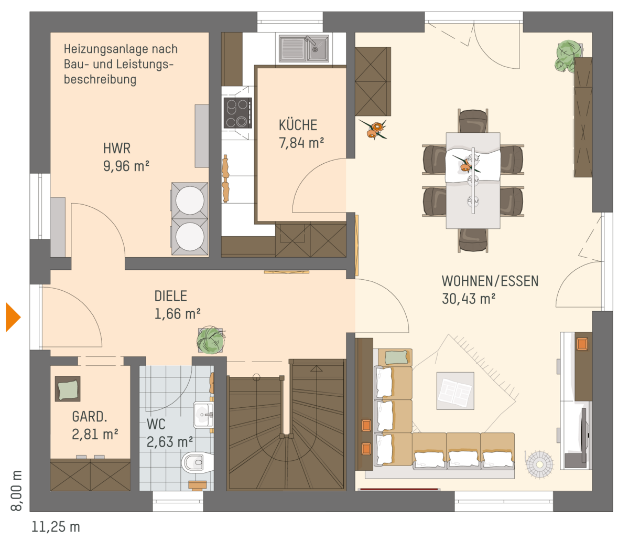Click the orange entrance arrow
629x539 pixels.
click(x=13, y=317)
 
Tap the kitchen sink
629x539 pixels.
click(x=304, y=49)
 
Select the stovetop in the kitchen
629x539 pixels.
click(x=237, y=113)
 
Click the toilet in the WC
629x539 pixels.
click(x=197, y=462)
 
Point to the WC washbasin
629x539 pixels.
click(x=203, y=415)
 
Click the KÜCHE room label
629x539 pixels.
click(x=298, y=125)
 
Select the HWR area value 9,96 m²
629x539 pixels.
click(x=126, y=166)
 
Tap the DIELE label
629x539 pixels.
click(x=171, y=296)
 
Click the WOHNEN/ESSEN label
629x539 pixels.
click(x=490, y=281)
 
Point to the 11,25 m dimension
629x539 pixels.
click(x=56, y=527)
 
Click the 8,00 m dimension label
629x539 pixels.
click(x=16, y=490)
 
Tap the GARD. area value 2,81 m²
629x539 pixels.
click(x=95, y=435)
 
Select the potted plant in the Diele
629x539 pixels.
click(x=211, y=340)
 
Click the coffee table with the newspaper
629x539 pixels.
click(x=456, y=390)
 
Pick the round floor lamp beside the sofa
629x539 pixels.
click(x=539, y=464)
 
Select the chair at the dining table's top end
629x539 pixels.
click(x=473, y=121)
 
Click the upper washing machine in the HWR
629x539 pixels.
click(x=190, y=200)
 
